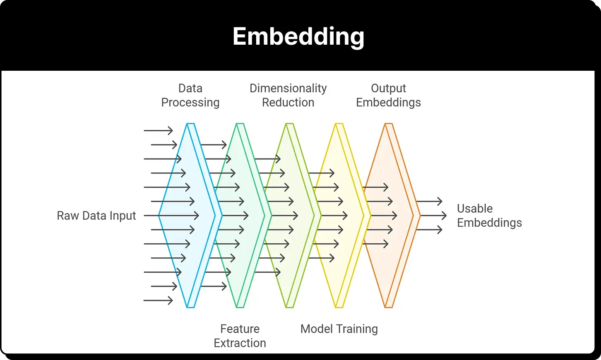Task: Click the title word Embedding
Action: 298,37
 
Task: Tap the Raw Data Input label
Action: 96,216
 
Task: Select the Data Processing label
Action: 190,95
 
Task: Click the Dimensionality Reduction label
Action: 288,95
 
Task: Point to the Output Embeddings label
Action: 388,95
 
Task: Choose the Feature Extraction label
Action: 240,336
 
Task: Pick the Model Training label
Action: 339,329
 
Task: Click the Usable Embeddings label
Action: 489,216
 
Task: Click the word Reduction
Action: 288,103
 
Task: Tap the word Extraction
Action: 240,343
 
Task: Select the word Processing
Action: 190,103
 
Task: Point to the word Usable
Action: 475,209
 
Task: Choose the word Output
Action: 388,89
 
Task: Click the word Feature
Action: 240,329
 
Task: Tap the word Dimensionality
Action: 288,89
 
